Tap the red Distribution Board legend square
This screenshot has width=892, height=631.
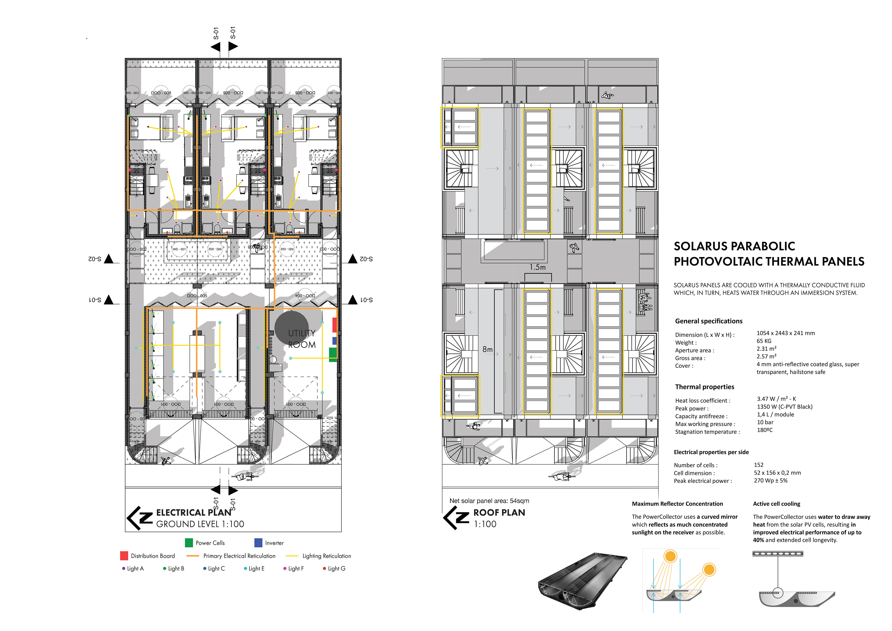124,555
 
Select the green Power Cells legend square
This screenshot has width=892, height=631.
189,543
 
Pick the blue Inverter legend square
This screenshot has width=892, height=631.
258,543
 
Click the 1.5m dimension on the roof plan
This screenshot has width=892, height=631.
538,267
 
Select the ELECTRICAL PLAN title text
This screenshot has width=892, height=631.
193,512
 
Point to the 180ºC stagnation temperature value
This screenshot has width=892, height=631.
764,430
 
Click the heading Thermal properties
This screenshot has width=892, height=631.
704,387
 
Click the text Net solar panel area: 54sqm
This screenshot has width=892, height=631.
489,501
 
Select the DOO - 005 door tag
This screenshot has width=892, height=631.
197,295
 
